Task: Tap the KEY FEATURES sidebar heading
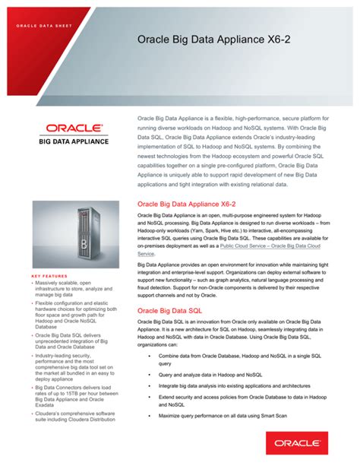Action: [50, 276]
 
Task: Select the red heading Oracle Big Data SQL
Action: [169, 311]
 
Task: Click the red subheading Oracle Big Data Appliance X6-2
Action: [187, 204]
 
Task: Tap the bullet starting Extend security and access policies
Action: [240, 407]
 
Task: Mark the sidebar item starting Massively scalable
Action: [65, 283]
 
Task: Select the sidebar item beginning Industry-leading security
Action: [70, 355]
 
